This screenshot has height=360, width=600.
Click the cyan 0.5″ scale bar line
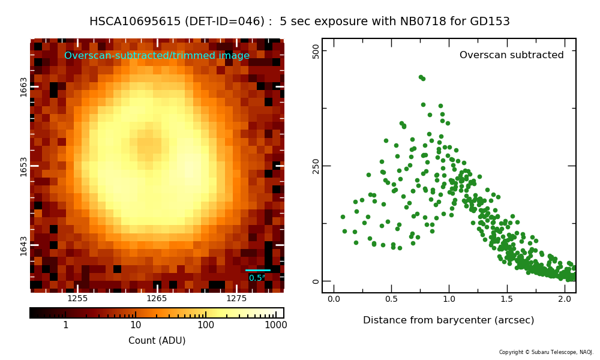(x=258, y=270)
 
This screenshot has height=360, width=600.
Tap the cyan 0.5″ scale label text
(x=257, y=278)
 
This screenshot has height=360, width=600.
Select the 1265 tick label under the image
(x=157, y=298)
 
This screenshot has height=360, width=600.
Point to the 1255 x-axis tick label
(x=77, y=298)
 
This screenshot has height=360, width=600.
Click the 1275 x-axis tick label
(x=236, y=298)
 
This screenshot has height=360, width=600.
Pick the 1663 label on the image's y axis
(x=24, y=87)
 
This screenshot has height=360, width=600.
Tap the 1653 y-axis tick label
(x=24, y=167)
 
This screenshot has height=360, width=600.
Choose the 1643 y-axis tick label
(x=24, y=246)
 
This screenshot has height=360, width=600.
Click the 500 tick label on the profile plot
(x=316, y=51)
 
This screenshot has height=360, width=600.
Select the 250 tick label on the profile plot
(x=316, y=166)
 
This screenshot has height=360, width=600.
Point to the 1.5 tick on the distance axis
(x=507, y=299)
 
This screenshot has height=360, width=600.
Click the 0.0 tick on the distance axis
(x=334, y=299)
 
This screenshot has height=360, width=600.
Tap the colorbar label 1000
(x=276, y=325)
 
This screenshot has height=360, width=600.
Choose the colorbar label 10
(x=136, y=325)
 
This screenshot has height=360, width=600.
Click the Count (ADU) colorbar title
(x=157, y=340)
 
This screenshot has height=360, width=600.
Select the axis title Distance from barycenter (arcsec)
(x=448, y=320)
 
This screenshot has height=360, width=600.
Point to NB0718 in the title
(x=424, y=22)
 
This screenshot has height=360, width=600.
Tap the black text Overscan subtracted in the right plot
(x=512, y=55)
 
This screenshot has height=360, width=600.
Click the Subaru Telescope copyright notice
(x=546, y=352)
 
